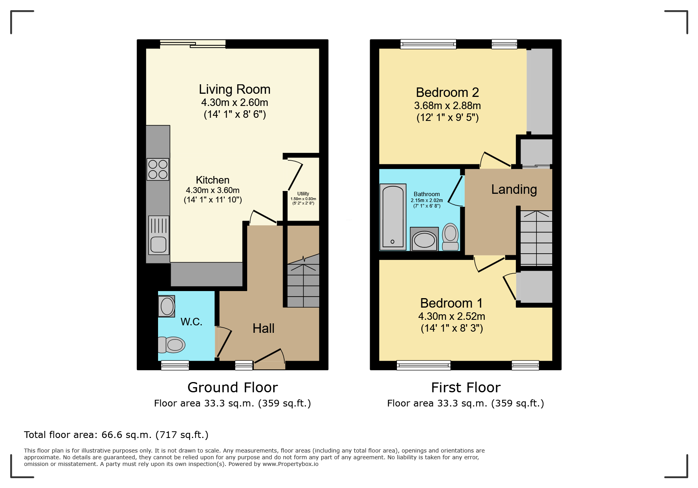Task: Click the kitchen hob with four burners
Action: click(x=158, y=169)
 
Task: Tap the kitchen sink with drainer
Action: click(x=159, y=235)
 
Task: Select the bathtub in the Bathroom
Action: click(x=393, y=217)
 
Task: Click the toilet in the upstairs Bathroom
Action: click(x=450, y=237)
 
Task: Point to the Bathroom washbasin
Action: click(x=424, y=239)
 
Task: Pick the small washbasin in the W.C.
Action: click(x=167, y=306)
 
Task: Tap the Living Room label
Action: click(x=235, y=89)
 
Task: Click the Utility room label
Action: click(x=303, y=194)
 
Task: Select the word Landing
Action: click(x=514, y=189)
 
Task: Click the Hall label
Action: click(x=263, y=328)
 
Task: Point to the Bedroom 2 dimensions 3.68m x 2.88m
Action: click(x=447, y=106)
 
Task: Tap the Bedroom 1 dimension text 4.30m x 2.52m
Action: click(x=452, y=316)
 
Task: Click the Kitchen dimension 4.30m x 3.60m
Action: click(x=213, y=190)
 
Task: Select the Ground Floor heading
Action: click(x=233, y=388)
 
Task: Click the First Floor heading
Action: click(x=466, y=388)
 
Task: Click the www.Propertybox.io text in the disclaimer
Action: click(x=290, y=464)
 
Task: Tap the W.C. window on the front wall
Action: click(x=175, y=366)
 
